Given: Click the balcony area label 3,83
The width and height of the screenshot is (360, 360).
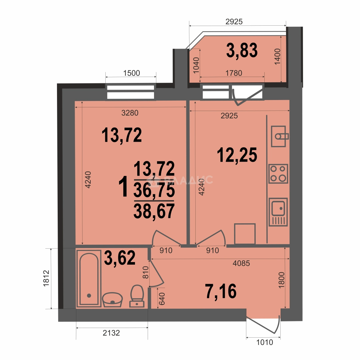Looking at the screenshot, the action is coord(242,50).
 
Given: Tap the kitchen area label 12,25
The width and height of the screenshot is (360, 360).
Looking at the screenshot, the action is coord(237,155).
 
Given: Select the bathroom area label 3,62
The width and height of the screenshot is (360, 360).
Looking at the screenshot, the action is coord(120,258).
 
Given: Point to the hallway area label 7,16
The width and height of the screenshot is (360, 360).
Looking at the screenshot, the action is coord(221,291).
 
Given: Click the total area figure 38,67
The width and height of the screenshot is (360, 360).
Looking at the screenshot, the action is coord(154,211).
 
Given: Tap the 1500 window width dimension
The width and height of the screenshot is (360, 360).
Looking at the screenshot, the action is coord(132,73).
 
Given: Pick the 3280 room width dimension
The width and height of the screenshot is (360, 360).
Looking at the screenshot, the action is coord(130,113).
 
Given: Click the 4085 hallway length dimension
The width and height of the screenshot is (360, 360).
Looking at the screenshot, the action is coord(241,263).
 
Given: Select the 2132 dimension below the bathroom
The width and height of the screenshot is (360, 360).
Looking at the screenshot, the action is coord(111,333).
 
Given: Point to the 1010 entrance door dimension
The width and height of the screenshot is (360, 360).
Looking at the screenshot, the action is coord(264,342).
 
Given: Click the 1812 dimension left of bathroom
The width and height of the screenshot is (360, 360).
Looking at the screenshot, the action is coord(46,278).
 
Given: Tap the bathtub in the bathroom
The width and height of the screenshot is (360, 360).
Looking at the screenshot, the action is coord(89,278).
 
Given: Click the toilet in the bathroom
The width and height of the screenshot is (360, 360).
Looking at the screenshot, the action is coord(137,296).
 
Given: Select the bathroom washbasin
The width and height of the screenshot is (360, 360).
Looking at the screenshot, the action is coord(112,299).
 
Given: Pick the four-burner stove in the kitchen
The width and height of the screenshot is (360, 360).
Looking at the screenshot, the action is coord(278,174).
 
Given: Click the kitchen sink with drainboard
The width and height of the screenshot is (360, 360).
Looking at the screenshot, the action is coord(278,212).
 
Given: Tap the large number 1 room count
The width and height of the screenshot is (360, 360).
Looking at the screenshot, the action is coord(124,187).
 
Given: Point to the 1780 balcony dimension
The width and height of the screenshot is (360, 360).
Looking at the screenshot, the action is coord(234,73).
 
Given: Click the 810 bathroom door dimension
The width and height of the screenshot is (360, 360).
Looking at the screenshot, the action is coord(146,272).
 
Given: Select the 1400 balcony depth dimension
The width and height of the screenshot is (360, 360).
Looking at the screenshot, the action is coord(278,56).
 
